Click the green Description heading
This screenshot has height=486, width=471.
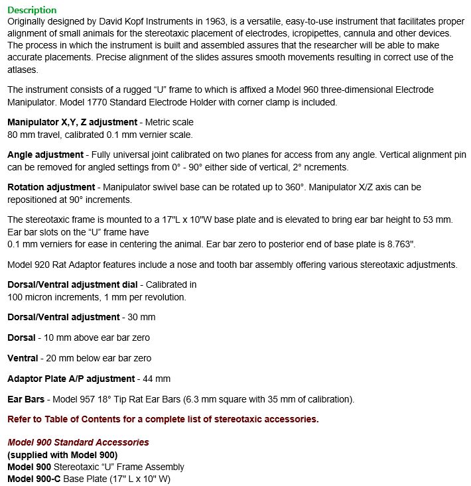click(x=32, y=10)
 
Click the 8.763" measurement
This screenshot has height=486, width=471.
click(x=401, y=243)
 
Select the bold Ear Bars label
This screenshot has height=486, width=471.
click(x=26, y=399)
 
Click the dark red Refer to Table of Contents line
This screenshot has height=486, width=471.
click(x=163, y=419)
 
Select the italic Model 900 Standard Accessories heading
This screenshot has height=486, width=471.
click(x=78, y=442)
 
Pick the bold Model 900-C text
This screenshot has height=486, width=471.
click(x=36, y=478)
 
